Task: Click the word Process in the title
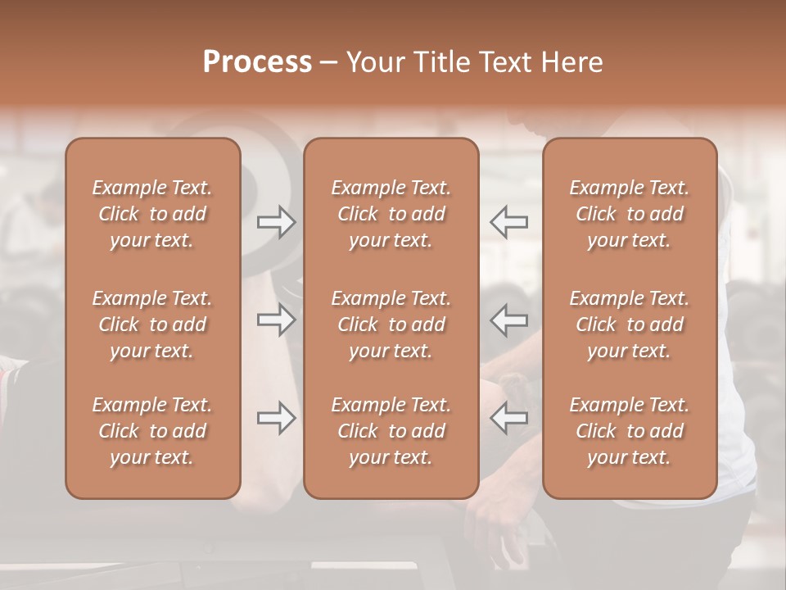(x=257, y=62)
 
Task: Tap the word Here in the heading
(x=571, y=62)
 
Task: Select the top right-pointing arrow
(x=276, y=221)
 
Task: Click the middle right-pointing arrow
(x=276, y=320)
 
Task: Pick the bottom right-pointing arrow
(x=276, y=418)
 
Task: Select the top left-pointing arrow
(x=508, y=221)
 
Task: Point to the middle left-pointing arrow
(x=508, y=320)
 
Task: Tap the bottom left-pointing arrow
(x=508, y=418)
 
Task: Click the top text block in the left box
(x=152, y=214)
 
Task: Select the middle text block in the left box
(x=152, y=324)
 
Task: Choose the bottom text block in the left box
(x=152, y=431)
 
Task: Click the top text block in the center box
(x=391, y=214)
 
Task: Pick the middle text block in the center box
(x=391, y=324)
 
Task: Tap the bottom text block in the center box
(x=391, y=431)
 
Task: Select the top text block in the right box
(x=630, y=214)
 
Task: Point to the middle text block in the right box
(x=630, y=324)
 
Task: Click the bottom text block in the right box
(x=630, y=431)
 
